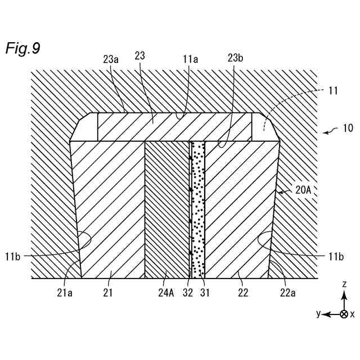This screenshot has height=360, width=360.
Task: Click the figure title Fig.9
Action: point(22,48)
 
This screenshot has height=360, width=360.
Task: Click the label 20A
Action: point(304,190)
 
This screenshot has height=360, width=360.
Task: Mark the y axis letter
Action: point(318,314)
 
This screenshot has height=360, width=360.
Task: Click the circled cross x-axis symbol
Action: point(343,314)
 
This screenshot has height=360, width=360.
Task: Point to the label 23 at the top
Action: point(141,56)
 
